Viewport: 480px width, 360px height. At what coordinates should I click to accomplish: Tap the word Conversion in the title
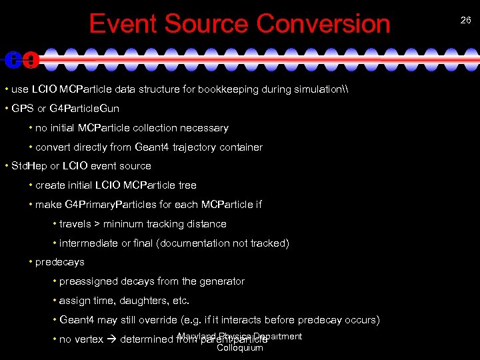pyautogui.click(x=323, y=23)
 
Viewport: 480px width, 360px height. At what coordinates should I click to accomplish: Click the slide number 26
pyautogui.click(x=465, y=21)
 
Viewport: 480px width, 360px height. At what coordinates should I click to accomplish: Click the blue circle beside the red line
pyautogui.click(x=13, y=60)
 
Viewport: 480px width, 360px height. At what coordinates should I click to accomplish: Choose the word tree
pyautogui.click(x=187, y=185)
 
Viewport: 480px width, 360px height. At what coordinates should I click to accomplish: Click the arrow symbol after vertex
pyautogui.click(x=111, y=339)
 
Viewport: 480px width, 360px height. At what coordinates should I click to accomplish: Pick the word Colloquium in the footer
pyautogui.click(x=240, y=347)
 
